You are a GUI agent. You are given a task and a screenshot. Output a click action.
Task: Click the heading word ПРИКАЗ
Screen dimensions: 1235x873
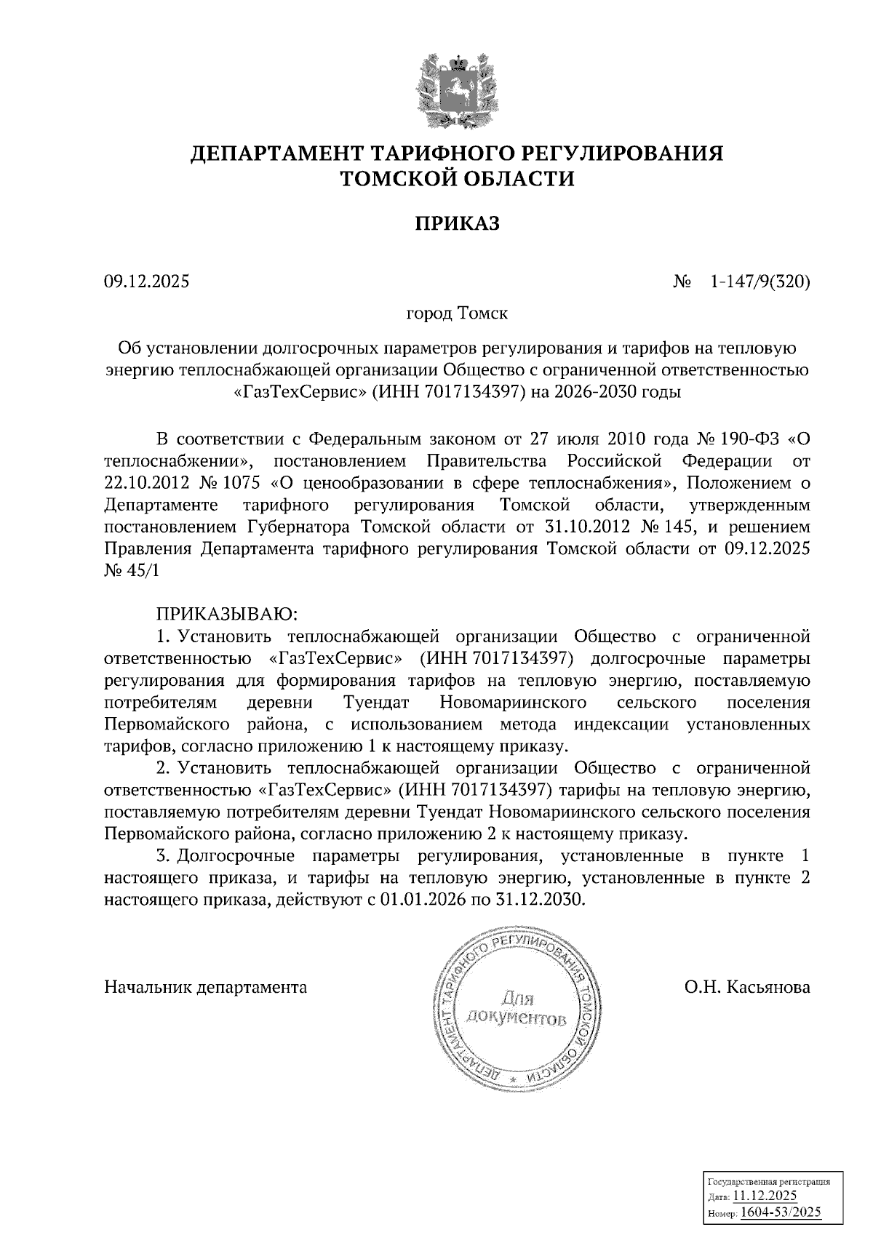[x=458, y=223]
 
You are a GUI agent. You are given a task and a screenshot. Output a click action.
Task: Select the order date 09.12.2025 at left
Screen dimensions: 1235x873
[x=146, y=281]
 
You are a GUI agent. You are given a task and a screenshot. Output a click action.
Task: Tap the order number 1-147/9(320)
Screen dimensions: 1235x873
[x=760, y=281]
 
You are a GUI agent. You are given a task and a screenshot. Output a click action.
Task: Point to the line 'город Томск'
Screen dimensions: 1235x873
[x=457, y=314]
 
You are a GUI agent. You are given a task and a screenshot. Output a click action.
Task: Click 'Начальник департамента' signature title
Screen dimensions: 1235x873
[x=206, y=987]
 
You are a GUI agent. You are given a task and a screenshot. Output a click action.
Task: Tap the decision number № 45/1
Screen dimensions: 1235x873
[x=131, y=570]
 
